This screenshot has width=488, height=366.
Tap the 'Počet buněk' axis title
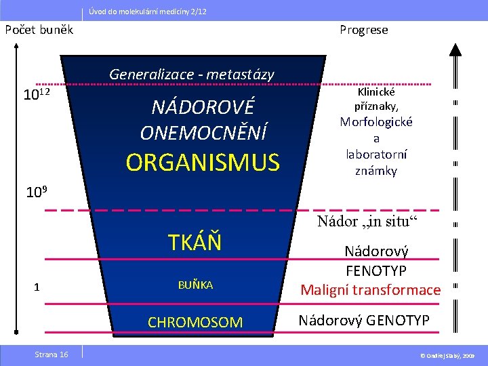(x=39, y=30)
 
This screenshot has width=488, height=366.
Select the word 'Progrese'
(x=364, y=30)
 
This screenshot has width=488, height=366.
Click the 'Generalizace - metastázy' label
(x=192, y=74)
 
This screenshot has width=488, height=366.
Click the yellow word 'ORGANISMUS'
(x=203, y=163)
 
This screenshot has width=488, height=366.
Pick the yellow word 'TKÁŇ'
(x=195, y=242)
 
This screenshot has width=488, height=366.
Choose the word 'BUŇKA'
(x=195, y=285)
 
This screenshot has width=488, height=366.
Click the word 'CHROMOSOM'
(x=195, y=323)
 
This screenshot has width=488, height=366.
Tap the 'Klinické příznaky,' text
(x=376, y=99)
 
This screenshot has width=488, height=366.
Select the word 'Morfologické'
(x=376, y=122)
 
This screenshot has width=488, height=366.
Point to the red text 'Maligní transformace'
(x=371, y=290)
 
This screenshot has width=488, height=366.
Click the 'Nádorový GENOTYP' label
(x=365, y=320)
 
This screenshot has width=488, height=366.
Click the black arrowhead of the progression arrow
(x=455, y=49)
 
